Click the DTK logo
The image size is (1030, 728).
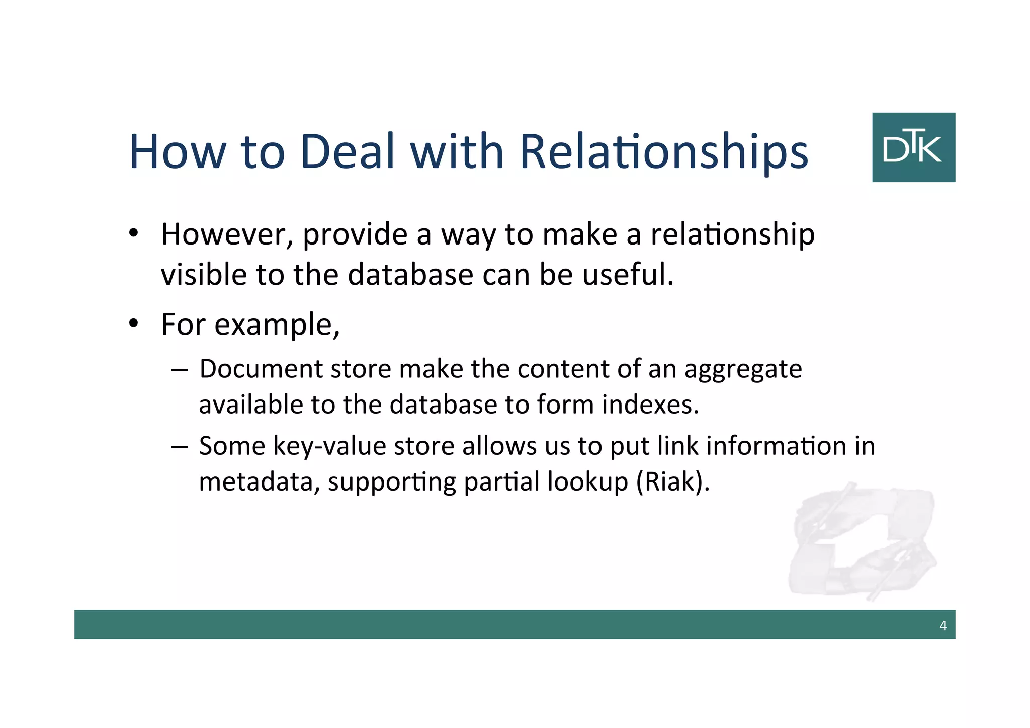coord(913,147)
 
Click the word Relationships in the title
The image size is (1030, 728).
coord(663,152)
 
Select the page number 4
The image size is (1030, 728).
coord(942,625)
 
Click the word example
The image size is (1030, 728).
coord(277,325)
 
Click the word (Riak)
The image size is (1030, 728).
coord(673,482)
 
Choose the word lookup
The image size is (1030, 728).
coord(587,482)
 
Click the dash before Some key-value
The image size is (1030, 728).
coord(179,447)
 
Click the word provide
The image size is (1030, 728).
coord(355,235)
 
